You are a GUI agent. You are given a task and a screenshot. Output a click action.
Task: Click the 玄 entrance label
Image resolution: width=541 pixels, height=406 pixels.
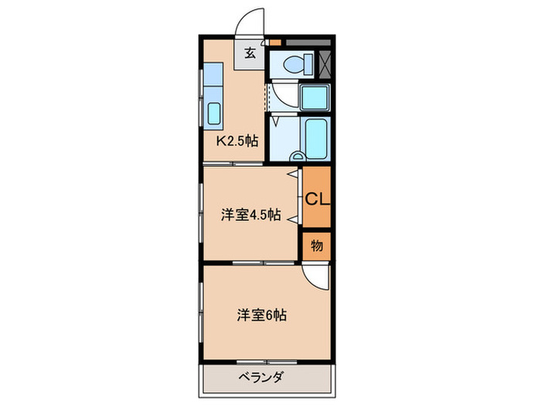[250, 53]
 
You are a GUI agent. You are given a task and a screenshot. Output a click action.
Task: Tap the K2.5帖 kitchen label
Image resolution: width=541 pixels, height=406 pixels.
[236, 142]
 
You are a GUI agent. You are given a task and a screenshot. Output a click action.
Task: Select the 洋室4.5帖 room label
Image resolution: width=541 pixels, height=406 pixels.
[250, 216]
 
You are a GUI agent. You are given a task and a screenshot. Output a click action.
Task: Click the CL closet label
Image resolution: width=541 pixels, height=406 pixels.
[316, 199]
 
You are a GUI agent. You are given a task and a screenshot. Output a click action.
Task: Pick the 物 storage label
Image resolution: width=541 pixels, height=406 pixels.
[316, 247]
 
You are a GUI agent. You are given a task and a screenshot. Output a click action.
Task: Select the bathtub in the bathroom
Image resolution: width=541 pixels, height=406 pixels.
[315, 137]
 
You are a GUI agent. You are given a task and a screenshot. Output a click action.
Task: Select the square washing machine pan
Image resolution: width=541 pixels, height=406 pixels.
[315, 97]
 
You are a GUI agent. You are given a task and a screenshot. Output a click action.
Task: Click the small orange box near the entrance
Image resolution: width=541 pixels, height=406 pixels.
[276, 41]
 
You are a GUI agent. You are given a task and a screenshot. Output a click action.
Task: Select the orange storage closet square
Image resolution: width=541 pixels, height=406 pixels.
[316, 247]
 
